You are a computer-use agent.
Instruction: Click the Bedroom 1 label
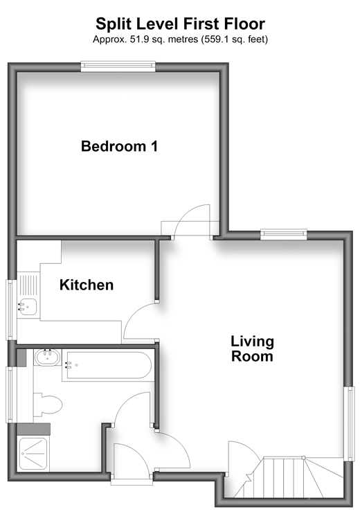point(119,146)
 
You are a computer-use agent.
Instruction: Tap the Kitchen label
point(87,285)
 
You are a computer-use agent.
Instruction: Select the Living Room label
point(252,348)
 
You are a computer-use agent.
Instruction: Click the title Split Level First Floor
point(180,24)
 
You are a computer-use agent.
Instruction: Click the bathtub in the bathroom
point(108,366)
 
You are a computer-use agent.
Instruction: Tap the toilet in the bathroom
point(48,405)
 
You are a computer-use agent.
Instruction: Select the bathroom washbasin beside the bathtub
point(48,357)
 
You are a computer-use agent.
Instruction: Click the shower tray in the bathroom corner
point(33,454)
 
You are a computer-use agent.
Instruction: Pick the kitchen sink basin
point(28,306)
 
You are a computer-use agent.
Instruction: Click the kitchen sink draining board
point(28,285)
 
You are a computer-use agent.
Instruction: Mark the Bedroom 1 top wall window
point(118,67)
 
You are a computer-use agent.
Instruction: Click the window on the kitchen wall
point(10,310)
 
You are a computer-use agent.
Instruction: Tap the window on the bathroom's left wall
point(10,394)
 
